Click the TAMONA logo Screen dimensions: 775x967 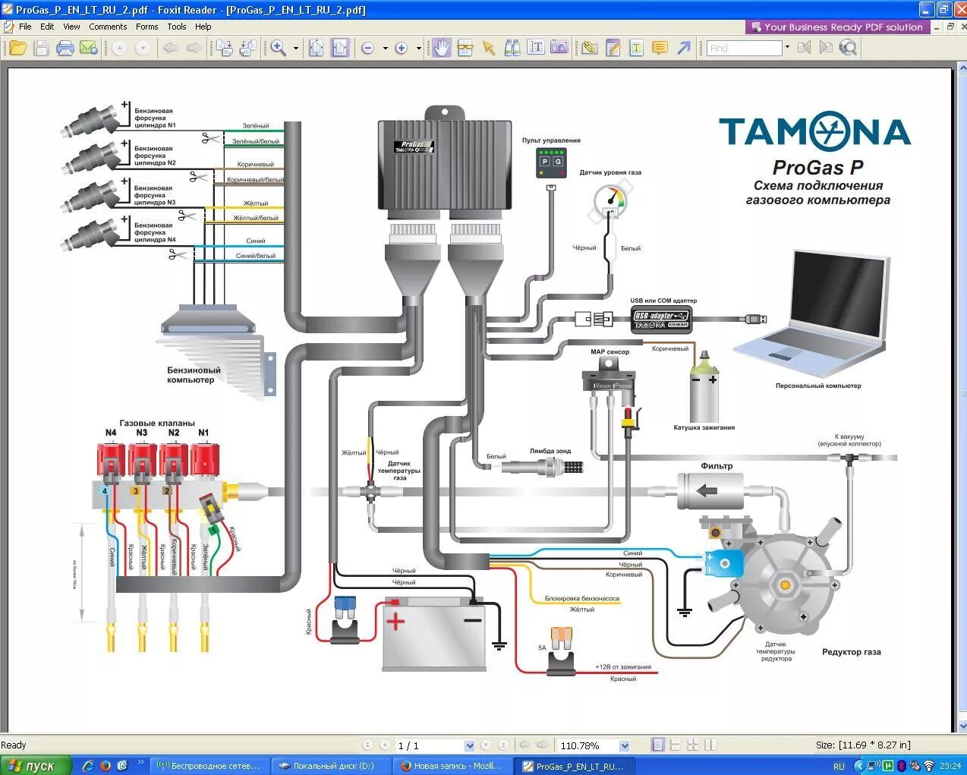coord(814,132)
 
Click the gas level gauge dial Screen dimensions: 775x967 coord(612,200)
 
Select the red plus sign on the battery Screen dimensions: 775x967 coord(395,621)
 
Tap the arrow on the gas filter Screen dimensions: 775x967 coord(707,490)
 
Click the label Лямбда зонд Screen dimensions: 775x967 coord(550,451)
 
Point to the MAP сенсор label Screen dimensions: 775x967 coord(609,352)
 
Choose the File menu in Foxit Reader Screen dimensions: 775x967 coord(25,27)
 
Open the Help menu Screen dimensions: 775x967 coord(203,27)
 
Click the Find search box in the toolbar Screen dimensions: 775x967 coord(744,48)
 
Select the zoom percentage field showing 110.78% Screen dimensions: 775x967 coord(588,745)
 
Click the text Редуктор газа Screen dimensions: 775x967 coord(851,652)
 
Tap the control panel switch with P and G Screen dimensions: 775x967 coord(551,161)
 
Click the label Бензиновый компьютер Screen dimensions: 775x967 coord(194,375)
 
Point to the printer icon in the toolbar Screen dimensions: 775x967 coord(65,48)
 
